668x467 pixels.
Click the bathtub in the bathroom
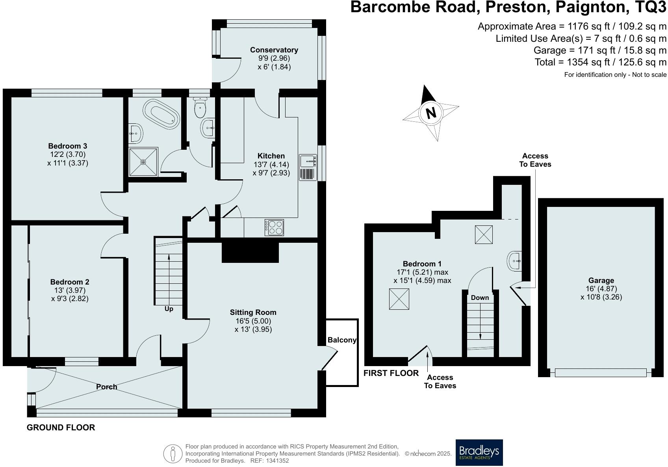161,113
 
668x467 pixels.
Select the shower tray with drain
143,162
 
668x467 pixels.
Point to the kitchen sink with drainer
308,167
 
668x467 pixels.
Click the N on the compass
431,113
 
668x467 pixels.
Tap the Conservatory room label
274,50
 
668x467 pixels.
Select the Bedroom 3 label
67,146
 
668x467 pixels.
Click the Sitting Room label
253,312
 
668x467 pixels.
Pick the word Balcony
341,340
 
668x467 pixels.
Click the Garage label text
601,281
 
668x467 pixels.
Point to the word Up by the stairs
169,309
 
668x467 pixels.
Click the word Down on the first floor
480,298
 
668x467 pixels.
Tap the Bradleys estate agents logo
479,452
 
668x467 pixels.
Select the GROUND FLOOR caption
61,428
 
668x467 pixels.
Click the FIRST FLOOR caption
391,373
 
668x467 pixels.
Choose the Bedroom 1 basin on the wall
515,261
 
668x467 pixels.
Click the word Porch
106,387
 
